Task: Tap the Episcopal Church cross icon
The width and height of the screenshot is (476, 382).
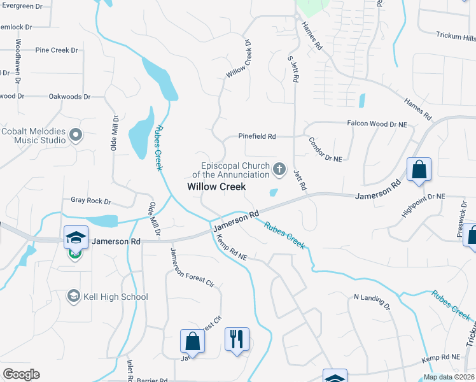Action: (x=279, y=169)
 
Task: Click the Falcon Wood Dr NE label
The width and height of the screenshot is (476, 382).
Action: (x=377, y=123)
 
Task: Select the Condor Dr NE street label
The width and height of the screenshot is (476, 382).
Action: (x=325, y=149)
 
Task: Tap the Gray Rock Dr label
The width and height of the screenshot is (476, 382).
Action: (x=90, y=201)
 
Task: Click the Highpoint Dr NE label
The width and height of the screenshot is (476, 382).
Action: (x=423, y=206)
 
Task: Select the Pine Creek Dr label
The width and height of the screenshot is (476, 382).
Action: (x=56, y=50)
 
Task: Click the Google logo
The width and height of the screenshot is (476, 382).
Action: (x=21, y=374)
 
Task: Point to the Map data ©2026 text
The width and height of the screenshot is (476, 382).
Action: (x=449, y=377)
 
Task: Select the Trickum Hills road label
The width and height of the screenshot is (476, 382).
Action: (x=456, y=37)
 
